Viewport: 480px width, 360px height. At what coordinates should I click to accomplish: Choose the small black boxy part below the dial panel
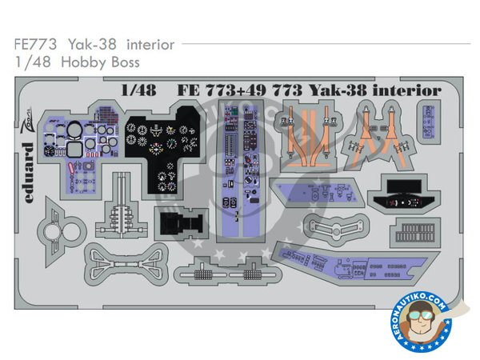click(178, 226)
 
